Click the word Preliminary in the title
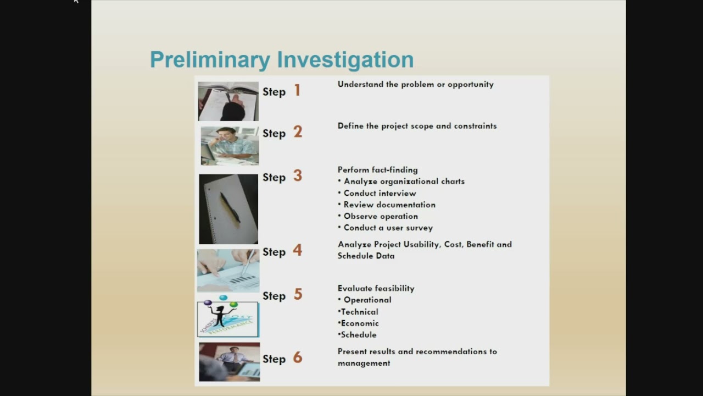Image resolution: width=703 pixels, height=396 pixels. [x=210, y=60]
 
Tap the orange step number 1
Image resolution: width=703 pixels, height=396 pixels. [x=297, y=90]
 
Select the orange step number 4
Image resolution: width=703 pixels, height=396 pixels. [x=298, y=250]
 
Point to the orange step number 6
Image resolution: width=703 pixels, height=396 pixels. [x=298, y=358]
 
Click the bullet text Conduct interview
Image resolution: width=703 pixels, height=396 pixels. [x=380, y=193]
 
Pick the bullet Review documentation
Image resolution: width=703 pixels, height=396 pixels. [x=389, y=205]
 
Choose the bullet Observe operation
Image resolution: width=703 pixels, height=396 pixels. [x=381, y=216]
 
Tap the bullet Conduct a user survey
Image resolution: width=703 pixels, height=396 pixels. [x=388, y=228]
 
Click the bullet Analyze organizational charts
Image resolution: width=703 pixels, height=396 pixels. [x=404, y=182]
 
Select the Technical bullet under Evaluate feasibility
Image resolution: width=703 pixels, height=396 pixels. [x=360, y=312]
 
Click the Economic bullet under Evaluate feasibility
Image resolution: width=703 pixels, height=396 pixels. [x=360, y=323]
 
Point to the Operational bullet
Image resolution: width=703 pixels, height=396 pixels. [x=367, y=300]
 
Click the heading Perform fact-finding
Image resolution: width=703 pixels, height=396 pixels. [x=377, y=170]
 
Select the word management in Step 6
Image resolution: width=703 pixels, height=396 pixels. [x=364, y=364]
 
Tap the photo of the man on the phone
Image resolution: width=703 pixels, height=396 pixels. [x=230, y=146]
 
